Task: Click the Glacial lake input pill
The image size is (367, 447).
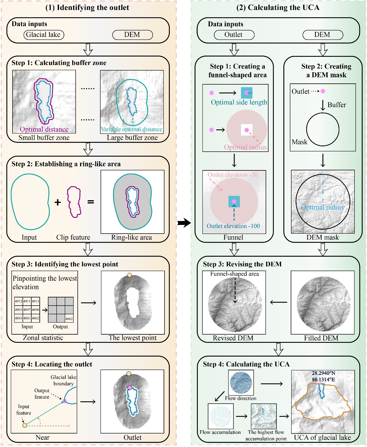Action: coord(44,35)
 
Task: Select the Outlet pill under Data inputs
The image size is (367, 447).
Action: coord(234,35)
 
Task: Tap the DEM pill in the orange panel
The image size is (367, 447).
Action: coord(132,35)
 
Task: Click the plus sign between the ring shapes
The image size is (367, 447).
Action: coord(58,202)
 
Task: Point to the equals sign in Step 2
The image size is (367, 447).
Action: coord(91,202)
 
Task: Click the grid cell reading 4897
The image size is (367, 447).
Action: coord(27,310)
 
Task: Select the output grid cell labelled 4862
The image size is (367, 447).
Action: coord(69,318)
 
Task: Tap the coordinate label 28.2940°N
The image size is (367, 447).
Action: coord(323,373)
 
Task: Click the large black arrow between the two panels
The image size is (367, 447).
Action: coord(184,223)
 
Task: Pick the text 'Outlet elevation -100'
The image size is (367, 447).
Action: coord(233,226)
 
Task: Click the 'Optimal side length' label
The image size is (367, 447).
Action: coord(239,102)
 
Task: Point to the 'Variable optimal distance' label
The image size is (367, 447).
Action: coord(131,129)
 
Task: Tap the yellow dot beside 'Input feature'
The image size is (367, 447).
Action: coord(25,425)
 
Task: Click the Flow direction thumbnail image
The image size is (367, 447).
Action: coord(241,383)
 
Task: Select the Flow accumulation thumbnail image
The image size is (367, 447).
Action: coord(221,416)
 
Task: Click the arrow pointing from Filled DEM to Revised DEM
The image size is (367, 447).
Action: coord(278,302)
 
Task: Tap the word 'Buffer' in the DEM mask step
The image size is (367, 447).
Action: coord(337,105)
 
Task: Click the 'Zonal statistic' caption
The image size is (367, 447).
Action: coord(43,338)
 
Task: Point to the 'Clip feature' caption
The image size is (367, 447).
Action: coord(73,237)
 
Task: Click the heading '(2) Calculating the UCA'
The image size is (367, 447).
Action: coord(278,8)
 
